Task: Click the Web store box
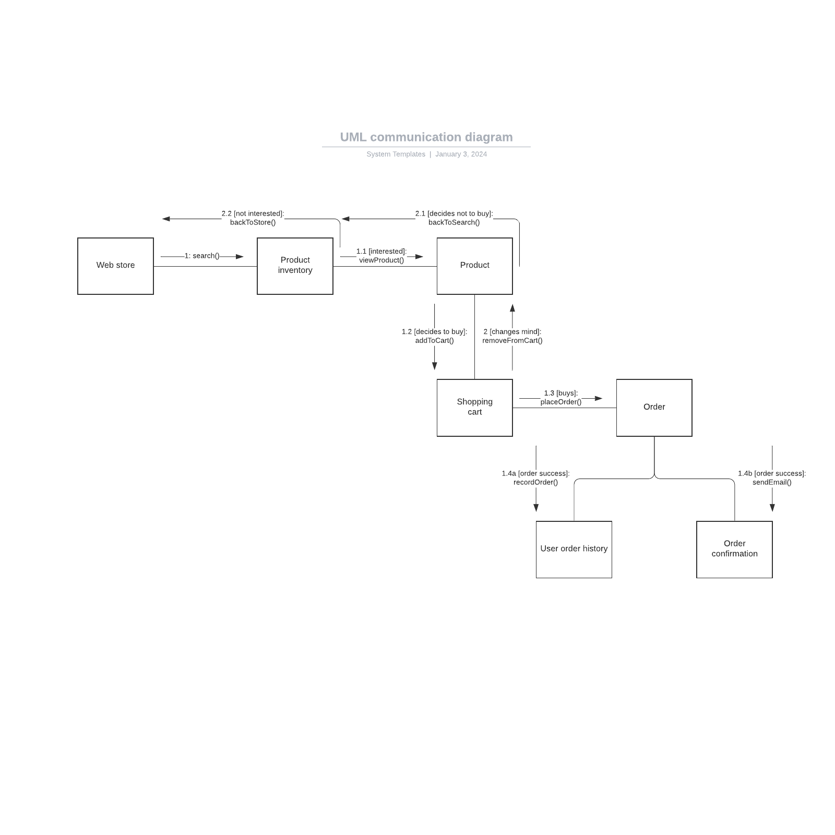[115, 266]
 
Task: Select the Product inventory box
[295, 266]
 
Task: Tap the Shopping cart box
[474, 407]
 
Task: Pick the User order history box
[574, 549]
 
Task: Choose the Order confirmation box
[734, 549]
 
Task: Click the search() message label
[202, 256]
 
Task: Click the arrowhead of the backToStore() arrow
[166, 219]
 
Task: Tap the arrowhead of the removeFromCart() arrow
[512, 308]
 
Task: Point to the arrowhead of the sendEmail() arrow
[772, 507]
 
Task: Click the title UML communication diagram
[426, 137]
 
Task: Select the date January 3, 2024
[461, 154]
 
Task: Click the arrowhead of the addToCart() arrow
[434, 366]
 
